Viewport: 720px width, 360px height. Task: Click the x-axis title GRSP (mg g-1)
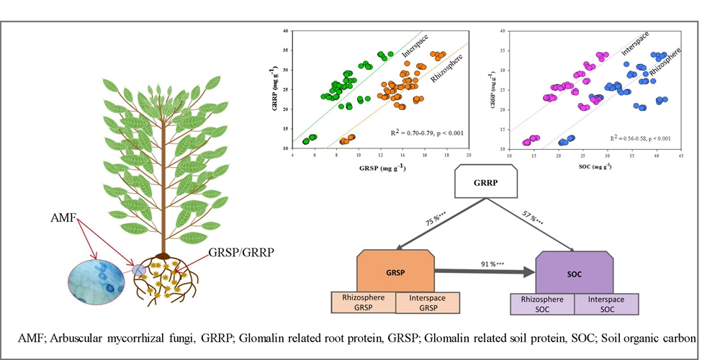coord(380,168)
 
